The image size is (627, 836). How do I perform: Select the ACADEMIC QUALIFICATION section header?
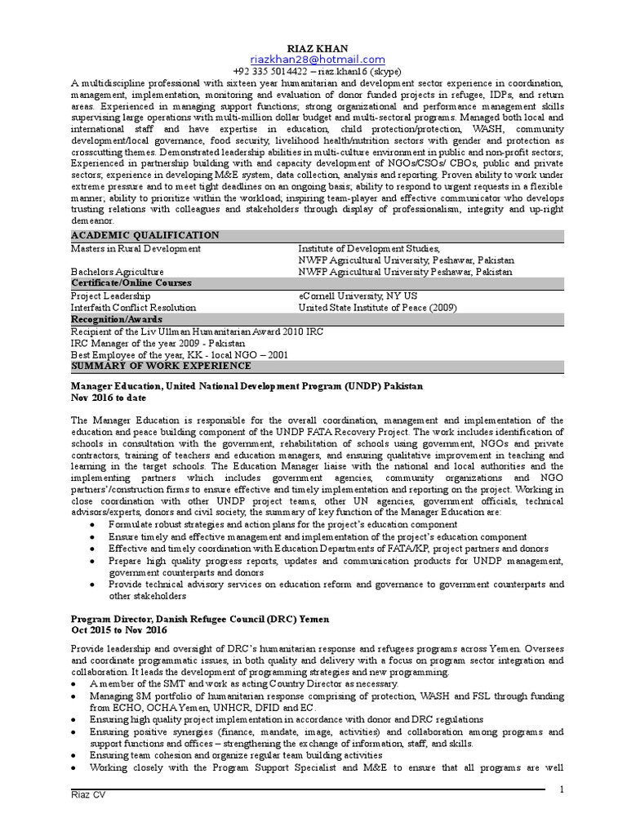[x=145, y=235]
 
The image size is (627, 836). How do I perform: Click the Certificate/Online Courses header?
[x=131, y=283]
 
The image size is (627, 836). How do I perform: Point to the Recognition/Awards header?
[x=116, y=319]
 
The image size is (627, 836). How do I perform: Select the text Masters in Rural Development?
[x=135, y=247]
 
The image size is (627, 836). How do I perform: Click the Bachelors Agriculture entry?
[x=117, y=272]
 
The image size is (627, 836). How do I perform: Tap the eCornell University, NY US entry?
[x=358, y=296]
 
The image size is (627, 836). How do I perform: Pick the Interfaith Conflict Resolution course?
[x=133, y=308]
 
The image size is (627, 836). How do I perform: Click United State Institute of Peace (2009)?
[x=377, y=308]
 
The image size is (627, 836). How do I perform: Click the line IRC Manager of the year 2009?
[x=145, y=344]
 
